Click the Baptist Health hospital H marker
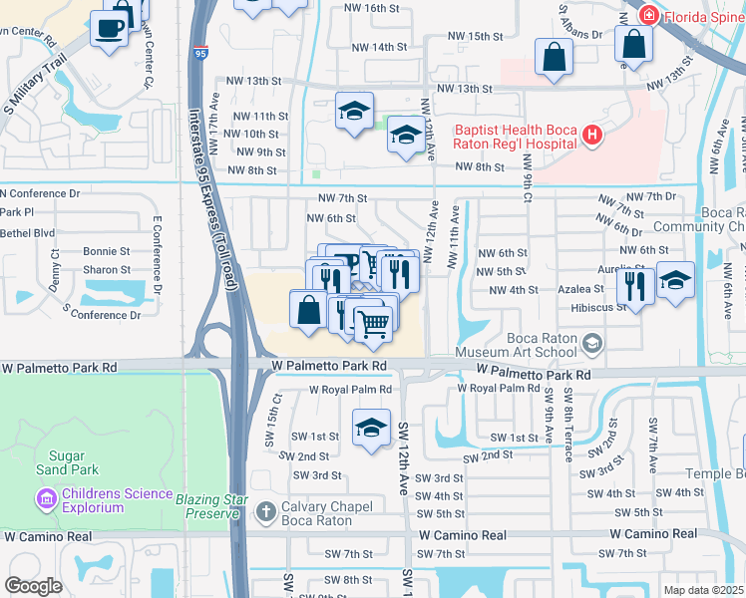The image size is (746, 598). tap(592, 135)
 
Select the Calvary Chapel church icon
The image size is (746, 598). tap(266, 511)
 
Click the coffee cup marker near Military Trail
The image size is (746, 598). tap(110, 27)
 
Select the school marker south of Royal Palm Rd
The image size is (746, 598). tap(371, 428)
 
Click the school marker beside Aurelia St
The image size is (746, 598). tap(675, 280)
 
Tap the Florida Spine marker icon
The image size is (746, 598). tap(648, 16)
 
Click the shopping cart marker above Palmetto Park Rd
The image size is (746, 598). tap(373, 323)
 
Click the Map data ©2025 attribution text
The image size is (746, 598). tap(701, 590)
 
